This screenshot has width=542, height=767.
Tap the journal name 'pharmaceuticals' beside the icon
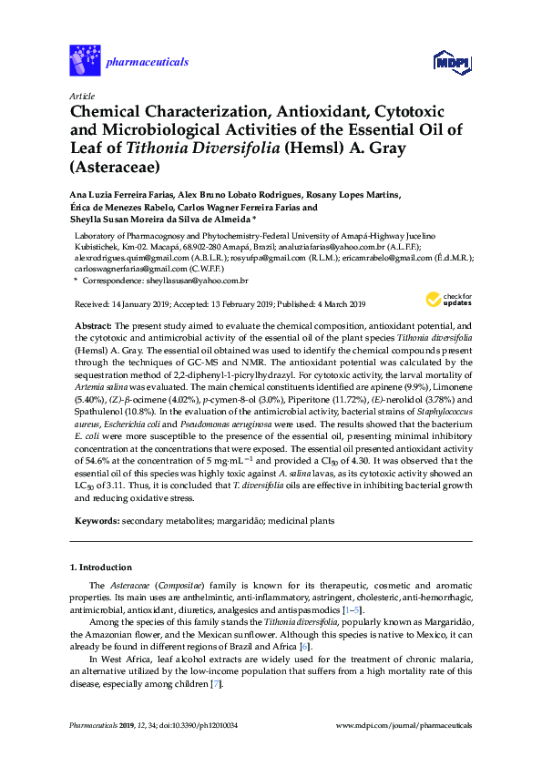click(x=148, y=62)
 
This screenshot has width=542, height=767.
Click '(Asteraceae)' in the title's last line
click(x=114, y=167)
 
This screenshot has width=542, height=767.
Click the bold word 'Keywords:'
click(x=96, y=521)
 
